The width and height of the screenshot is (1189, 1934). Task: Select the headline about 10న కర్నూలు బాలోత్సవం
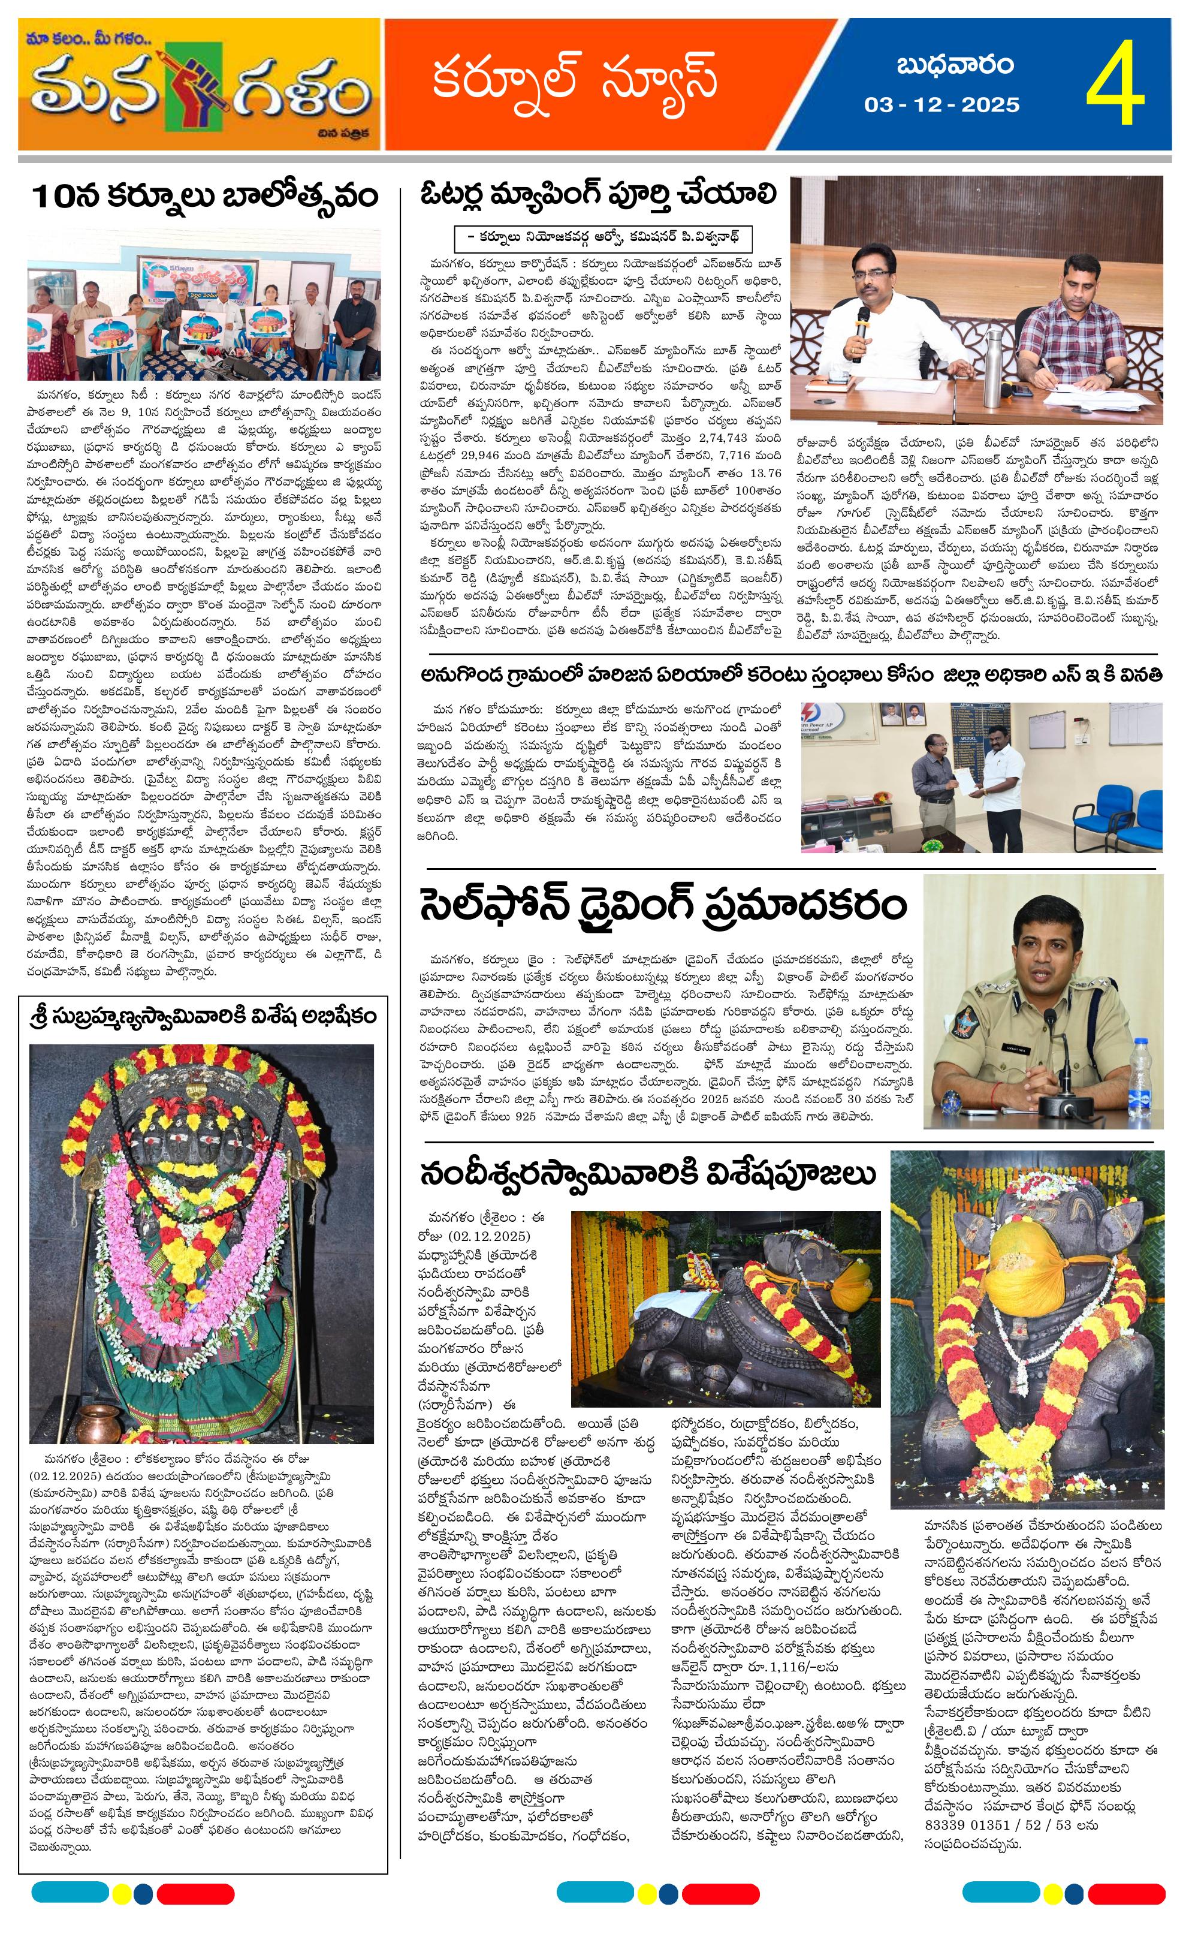pos(204,197)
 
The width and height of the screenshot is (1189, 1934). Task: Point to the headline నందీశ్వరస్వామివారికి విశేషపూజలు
pos(647,1174)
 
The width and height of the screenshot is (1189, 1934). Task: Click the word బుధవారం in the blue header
pos(955,65)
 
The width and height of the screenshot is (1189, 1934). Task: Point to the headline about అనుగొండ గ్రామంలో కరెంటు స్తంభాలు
pos(790,676)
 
